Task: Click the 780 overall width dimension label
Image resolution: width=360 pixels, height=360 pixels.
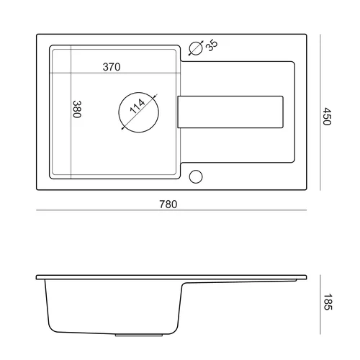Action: (x=168, y=204)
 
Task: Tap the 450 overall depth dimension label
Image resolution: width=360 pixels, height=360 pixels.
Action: (x=327, y=117)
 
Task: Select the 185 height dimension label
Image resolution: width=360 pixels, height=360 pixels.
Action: (x=328, y=302)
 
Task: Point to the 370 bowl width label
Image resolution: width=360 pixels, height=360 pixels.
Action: (x=112, y=67)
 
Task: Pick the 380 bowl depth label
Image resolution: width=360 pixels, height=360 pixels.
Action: (x=77, y=109)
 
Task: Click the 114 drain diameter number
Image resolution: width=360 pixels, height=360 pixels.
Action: (x=138, y=106)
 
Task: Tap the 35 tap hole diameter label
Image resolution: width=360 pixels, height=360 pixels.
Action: (x=212, y=45)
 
